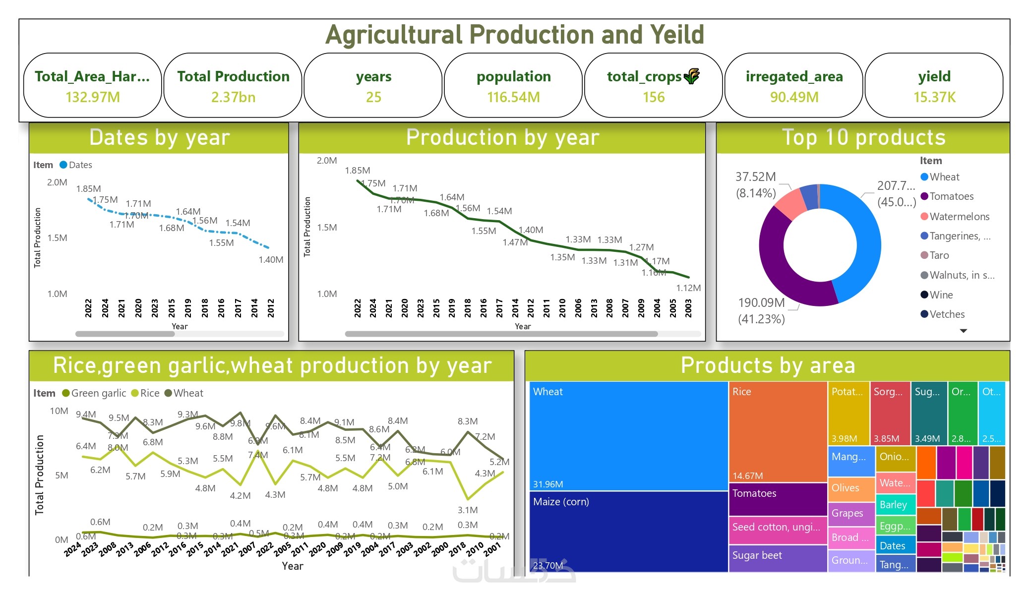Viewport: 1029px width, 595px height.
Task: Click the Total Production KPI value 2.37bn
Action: (233, 97)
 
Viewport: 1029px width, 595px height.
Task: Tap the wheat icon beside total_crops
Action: (692, 76)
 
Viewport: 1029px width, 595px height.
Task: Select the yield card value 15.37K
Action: (934, 97)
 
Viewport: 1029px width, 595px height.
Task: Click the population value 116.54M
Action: (513, 97)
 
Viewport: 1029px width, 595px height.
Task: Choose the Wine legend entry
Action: (941, 295)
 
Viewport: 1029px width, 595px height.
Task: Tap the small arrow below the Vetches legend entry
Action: (963, 331)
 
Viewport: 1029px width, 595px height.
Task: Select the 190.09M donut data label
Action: (761, 303)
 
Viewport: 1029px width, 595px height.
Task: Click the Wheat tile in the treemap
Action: (628, 436)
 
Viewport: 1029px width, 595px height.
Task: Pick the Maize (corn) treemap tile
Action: (628, 531)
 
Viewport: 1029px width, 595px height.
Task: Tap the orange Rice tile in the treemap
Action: (777, 431)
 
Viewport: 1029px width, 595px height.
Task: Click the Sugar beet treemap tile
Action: (777, 558)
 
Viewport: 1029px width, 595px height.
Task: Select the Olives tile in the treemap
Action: (850, 488)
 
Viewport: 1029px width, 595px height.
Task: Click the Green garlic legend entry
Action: (94, 393)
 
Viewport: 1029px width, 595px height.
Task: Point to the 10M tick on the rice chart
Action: (59, 411)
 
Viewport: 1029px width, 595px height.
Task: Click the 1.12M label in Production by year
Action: (688, 288)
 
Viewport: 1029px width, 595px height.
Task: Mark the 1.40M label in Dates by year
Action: (271, 260)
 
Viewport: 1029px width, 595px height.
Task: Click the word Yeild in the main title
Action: (677, 35)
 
